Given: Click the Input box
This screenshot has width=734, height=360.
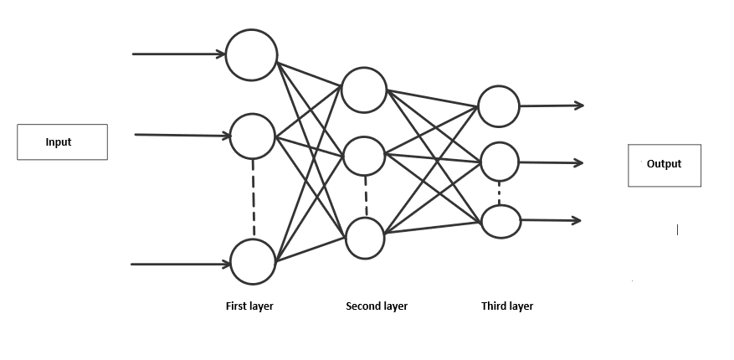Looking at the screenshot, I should point(62,142).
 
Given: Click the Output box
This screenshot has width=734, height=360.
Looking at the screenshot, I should point(664,165).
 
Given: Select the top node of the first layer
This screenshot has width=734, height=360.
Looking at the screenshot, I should point(252,54).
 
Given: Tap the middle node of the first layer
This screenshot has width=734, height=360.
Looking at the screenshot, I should point(252,136).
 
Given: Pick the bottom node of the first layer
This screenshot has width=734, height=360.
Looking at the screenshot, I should point(253,262).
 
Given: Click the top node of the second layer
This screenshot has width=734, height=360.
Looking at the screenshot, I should point(363,89).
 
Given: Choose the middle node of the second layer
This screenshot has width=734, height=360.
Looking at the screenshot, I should point(363,154).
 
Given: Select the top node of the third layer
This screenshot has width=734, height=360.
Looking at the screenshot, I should point(499,106).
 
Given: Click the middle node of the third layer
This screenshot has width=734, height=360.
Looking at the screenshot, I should point(499,162).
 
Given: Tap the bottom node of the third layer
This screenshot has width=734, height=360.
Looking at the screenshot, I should point(500,220).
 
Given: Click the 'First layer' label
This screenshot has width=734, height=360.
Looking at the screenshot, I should point(249,306).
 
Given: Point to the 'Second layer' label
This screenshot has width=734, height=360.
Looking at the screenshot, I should point(377,306).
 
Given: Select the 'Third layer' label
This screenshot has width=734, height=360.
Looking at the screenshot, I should point(507,306).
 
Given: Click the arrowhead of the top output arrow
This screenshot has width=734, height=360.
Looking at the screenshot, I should point(578,105).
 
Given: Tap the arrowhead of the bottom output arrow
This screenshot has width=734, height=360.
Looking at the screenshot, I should point(576,220).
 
